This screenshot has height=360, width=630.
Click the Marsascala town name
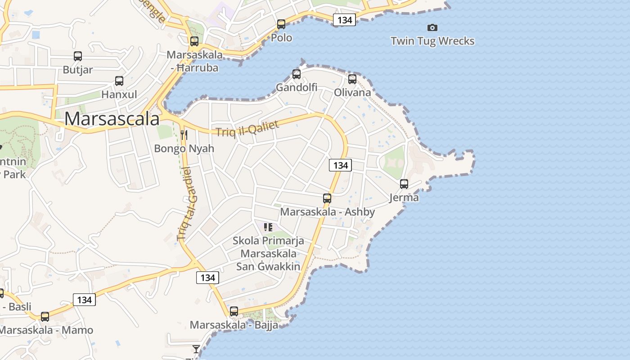click(x=112, y=119)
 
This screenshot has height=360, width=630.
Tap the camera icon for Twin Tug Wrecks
click(x=432, y=28)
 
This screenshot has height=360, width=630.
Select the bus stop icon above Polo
click(x=281, y=24)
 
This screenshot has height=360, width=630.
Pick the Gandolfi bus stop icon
click(x=297, y=74)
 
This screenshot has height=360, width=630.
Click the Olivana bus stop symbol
click(x=352, y=79)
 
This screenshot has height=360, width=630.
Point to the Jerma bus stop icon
click(x=404, y=184)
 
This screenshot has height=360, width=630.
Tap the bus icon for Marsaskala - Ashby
click(x=327, y=198)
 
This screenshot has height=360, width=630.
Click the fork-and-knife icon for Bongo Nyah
click(x=184, y=135)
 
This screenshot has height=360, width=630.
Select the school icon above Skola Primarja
click(x=268, y=227)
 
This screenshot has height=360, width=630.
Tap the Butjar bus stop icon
click(x=78, y=57)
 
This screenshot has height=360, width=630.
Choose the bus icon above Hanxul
click(x=119, y=81)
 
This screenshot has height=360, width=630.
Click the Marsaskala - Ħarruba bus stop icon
click(x=194, y=41)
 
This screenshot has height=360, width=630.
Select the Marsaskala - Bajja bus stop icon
click(x=234, y=311)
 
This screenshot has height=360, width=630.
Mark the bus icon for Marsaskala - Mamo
click(x=45, y=317)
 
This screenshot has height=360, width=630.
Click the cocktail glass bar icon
click(x=196, y=349)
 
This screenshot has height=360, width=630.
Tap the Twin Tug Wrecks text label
click(x=432, y=41)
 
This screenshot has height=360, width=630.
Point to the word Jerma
click(x=404, y=198)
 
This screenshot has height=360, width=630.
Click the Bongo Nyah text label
click(x=184, y=148)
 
